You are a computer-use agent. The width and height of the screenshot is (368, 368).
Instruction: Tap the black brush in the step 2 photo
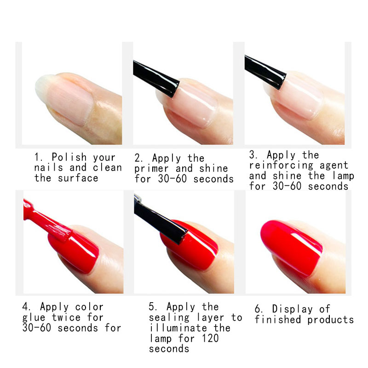pyautogui.click(x=156, y=78)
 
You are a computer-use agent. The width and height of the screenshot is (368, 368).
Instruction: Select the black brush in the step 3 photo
pyautogui.click(x=265, y=72)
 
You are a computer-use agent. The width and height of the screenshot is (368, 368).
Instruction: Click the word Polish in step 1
pyautogui.click(x=69, y=157)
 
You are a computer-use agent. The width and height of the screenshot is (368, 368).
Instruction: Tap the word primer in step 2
pyautogui.click(x=151, y=169)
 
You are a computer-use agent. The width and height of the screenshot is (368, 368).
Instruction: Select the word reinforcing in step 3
pyautogui.click(x=281, y=166)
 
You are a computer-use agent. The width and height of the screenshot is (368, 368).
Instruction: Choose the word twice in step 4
pyautogui.click(x=66, y=317)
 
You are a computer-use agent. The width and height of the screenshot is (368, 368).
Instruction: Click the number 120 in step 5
pyautogui.click(x=210, y=338)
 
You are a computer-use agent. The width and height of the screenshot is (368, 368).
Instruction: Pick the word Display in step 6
pyautogui.click(x=293, y=309)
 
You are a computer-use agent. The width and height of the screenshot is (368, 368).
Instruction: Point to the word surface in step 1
pyautogui.click(x=78, y=178)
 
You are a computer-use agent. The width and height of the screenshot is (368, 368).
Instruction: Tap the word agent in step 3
pyautogui.click(x=334, y=166)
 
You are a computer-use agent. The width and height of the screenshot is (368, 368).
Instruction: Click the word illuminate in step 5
pyautogui.click(x=178, y=328)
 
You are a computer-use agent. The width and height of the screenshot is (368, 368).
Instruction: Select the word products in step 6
pyautogui.click(x=330, y=320)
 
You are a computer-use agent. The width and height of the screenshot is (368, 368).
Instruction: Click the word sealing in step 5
pyautogui.click(x=169, y=317)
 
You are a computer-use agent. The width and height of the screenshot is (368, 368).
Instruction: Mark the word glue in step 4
pyautogui.click(x=34, y=318)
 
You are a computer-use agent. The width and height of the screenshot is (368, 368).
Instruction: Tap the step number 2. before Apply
pyautogui.click(x=138, y=158)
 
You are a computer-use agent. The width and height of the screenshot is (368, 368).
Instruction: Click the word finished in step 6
pyautogui.click(x=278, y=319)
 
